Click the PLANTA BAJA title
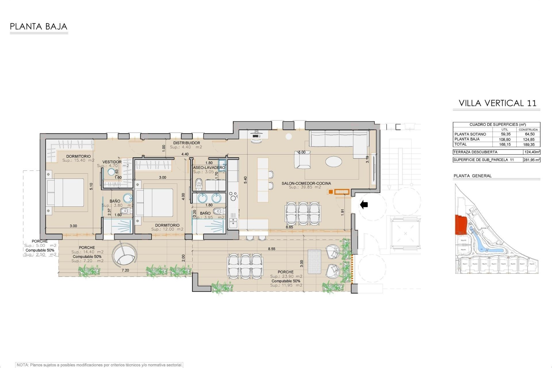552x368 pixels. click(39, 27)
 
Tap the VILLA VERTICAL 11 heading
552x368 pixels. click(497, 103)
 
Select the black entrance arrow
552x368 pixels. click(364, 205)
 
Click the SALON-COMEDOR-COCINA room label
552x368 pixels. click(306, 183)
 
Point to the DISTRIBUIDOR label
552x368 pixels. click(186, 143)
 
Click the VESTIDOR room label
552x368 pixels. click(112, 162)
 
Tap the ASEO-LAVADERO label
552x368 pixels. click(209, 167)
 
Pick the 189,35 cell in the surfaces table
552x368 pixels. click(528, 145)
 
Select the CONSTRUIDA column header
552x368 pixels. click(528, 130)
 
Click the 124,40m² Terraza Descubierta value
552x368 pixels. click(531, 152)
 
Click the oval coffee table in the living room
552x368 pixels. click(334, 161)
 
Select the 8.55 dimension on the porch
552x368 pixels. click(271, 249)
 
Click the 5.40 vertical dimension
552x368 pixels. click(245, 180)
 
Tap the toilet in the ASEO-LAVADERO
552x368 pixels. click(199, 184)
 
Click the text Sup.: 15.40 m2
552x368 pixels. click(78, 160)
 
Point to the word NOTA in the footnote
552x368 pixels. click(23, 365)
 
